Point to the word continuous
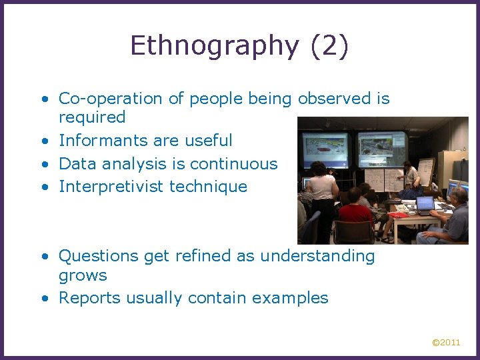pyautogui.click(x=233, y=163)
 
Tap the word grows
pyautogui.click(x=83, y=275)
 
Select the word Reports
pyautogui.click(x=85, y=298)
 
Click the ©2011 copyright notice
pyautogui.click(x=446, y=342)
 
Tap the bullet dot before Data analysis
pyautogui.click(x=43, y=164)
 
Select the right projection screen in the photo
pyautogui.click(x=382, y=148)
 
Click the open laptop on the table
pyautogui.click(x=425, y=204)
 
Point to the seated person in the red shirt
pyautogui.click(x=355, y=215)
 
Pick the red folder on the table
pyautogui.click(x=398, y=214)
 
